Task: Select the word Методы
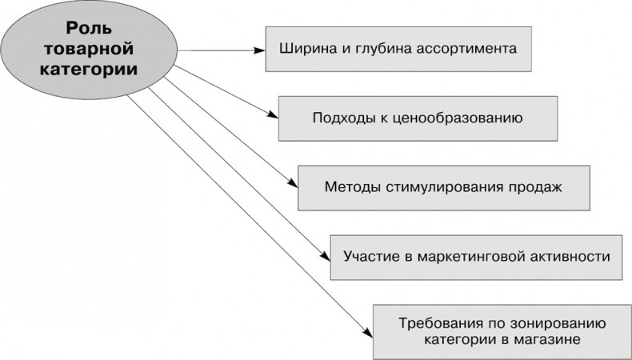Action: point(350,187)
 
